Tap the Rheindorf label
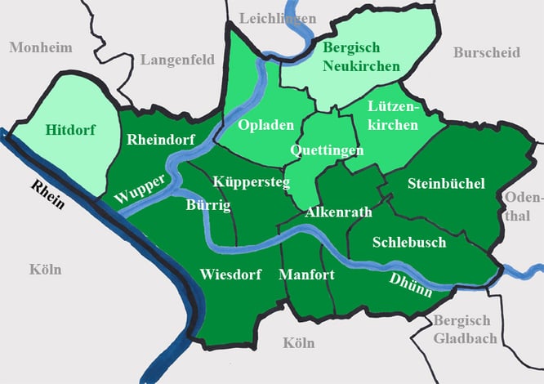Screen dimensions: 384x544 (161, 140)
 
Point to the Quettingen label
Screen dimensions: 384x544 (328, 150)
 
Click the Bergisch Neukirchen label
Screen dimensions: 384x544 (361, 57)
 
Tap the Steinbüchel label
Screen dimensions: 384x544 (446, 182)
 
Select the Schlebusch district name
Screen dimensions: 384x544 (409, 242)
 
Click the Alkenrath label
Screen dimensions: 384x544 (338, 212)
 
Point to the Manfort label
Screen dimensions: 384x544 (306, 275)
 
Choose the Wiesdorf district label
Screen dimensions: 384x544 (230, 275)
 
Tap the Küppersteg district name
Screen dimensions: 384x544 (250, 181)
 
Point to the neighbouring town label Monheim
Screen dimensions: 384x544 (41, 47)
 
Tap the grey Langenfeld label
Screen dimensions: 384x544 (177, 59)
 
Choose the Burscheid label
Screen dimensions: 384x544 (486, 52)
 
